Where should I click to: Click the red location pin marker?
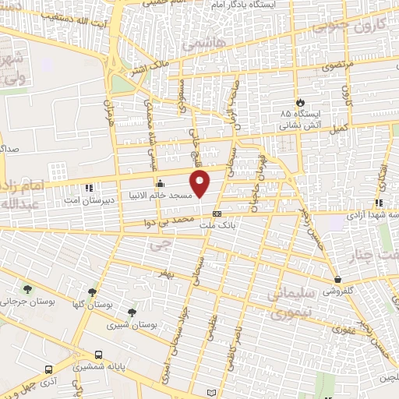pos(201,184)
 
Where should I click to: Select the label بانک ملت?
pos(217,224)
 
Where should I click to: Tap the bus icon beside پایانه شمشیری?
pos(98,355)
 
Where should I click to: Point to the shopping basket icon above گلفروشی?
pos(337,278)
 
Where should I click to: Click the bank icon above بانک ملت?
pos(217,214)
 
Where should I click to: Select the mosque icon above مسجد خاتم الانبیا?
pos(161,185)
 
